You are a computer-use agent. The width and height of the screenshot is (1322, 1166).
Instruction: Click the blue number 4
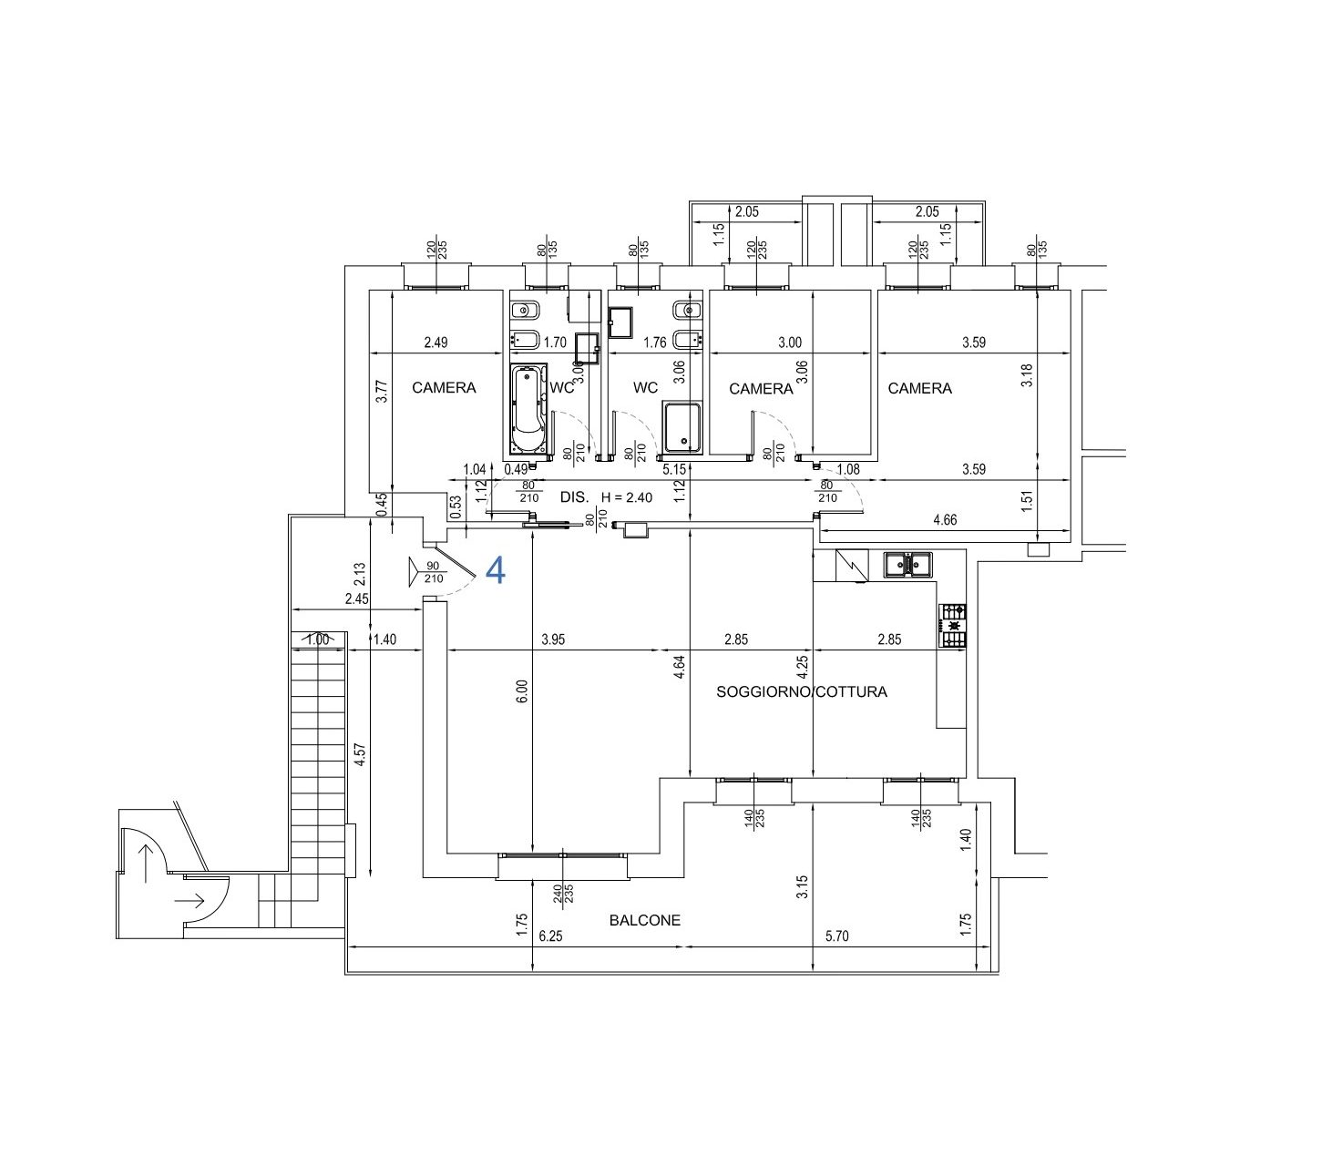(496, 571)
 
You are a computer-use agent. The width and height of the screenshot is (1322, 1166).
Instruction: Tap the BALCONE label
(645, 920)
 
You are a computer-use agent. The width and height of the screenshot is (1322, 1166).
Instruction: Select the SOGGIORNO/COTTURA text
(801, 691)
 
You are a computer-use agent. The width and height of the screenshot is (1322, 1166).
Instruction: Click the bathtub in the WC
(528, 409)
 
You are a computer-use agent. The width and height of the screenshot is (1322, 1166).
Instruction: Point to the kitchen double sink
(907, 565)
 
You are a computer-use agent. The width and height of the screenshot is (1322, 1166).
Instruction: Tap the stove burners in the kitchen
(953, 626)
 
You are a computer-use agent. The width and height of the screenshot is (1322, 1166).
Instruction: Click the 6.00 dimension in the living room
(522, 691)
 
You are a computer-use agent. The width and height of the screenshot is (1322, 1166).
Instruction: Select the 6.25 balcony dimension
(550, 936)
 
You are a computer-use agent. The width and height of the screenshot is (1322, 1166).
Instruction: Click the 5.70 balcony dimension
(836, 936)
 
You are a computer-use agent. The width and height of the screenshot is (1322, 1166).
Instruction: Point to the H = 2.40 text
(627, 497)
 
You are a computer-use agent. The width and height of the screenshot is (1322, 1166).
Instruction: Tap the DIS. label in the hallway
(574, 497)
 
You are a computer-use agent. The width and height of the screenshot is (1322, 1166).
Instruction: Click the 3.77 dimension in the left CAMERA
(383, 391)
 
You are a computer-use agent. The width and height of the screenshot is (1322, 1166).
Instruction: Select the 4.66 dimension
(945, 519)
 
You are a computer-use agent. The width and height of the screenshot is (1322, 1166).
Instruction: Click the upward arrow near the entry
(146, 864)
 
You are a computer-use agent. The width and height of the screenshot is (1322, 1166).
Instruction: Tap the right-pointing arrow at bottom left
(190, 901)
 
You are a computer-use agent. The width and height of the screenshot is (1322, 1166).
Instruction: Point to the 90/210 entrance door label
(434, 572)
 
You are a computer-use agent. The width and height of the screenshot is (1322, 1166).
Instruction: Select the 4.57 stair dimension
(360, 755)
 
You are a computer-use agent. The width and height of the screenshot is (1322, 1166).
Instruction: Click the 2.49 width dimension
(436, 343)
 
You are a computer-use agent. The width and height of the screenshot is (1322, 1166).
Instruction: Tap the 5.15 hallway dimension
(674, 469)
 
